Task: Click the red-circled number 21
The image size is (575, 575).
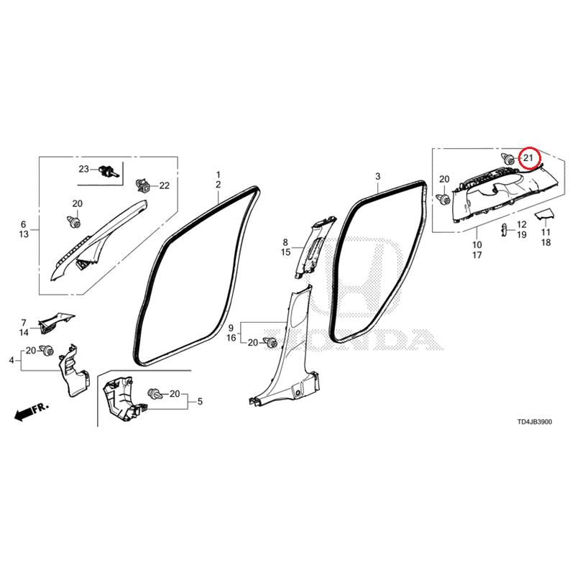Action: (528, 158)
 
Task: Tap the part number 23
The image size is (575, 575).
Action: (83, 169)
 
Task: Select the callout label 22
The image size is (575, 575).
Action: (165, 185)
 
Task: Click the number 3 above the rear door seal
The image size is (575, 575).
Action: (378, 176)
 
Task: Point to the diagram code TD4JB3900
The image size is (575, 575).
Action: (534, 422)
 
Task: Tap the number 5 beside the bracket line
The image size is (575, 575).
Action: (200, 401)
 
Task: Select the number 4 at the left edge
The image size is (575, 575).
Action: (11, 361)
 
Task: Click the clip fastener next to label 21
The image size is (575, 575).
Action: (507, 159)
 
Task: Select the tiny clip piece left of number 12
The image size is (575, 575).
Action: (505, 229)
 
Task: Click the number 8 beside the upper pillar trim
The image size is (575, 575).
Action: (285, 242)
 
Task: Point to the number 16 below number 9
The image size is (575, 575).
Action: (231, 338)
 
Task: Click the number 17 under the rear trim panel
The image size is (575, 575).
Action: (477, 255)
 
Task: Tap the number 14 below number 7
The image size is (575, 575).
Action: (24, 333)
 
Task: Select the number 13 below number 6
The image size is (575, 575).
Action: (24, 234)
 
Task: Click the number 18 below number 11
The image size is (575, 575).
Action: (546, 242)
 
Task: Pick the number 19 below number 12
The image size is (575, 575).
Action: (522, 234)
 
